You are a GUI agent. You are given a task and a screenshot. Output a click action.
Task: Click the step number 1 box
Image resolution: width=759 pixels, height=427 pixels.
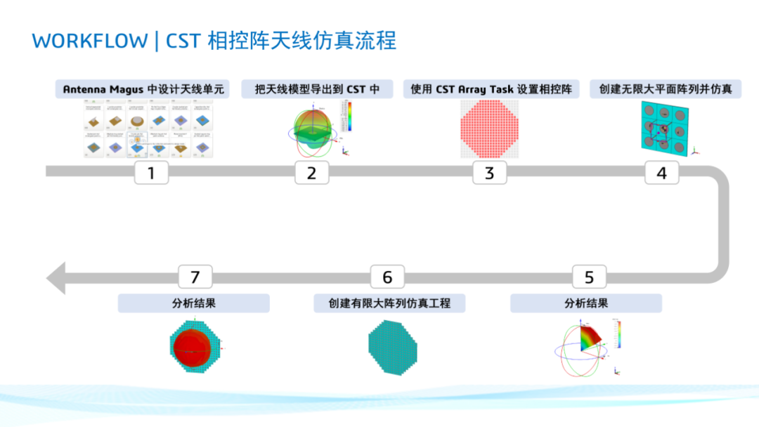click(x=151, y=172)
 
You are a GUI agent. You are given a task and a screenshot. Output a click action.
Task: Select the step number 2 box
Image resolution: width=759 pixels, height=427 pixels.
click(x=311, y=172)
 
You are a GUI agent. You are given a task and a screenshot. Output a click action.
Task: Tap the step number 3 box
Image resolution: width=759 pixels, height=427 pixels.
click(x=489, y=172)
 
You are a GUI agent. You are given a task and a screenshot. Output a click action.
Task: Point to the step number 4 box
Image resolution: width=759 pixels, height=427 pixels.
click(x=661, y=172)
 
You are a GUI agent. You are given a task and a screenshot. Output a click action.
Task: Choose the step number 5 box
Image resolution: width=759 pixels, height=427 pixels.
click(x=589, y=277)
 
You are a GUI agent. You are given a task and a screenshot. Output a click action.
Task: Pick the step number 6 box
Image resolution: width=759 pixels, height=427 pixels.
click(x=387, y=277)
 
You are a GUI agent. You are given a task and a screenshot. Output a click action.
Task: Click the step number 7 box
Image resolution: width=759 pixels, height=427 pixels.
click(x=195, y=277)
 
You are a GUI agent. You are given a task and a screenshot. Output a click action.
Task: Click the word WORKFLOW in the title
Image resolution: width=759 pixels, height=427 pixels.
click(x=89, y=41)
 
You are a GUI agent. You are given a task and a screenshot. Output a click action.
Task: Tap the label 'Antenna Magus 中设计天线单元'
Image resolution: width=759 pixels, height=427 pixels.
click(x=145, y=89)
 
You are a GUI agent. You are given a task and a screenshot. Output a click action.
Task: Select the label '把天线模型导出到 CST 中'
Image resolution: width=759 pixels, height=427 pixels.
click(x=317, y=89)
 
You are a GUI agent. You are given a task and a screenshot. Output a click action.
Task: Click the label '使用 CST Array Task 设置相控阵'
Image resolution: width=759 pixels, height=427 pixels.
click(x=491, y=89)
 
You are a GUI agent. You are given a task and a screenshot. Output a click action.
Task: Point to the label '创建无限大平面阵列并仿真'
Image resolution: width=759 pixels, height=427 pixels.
click(x=666, y=89)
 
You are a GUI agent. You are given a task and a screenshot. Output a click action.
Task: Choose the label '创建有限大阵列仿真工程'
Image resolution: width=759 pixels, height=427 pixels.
click(x=389, y=303)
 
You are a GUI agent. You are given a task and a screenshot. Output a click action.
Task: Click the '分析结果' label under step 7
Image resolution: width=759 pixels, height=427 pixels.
click(x=193, y=303)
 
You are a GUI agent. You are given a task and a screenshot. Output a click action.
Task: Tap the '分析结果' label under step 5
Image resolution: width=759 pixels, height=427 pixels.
click(x=586, y=303)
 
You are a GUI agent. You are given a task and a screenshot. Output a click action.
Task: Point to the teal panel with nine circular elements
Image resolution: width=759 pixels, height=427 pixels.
click(x=663, y=127)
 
